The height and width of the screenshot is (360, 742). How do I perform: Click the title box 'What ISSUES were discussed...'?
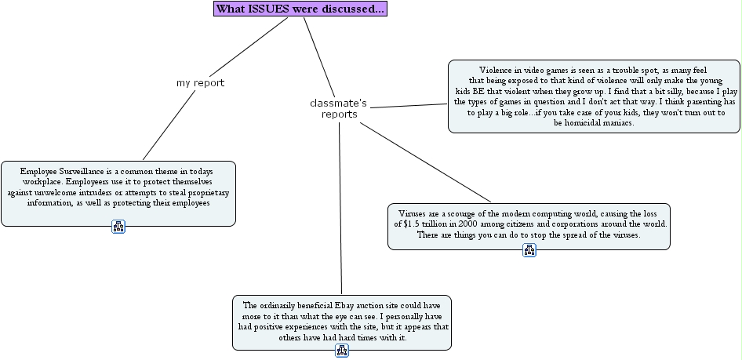click(x=300, y=9)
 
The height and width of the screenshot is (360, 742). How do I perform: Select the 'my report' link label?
click(x=200, y=83)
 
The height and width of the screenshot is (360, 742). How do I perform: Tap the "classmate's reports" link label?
click(x=339, y=108)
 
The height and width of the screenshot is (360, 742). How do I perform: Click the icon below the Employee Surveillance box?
click(x=118, y=227)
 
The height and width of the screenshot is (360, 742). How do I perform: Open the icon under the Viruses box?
click(x=529, y=250)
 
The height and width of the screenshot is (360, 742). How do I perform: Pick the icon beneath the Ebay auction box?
click(x=342, y=351)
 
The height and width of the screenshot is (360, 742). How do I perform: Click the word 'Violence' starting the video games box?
click(x=494, y=71)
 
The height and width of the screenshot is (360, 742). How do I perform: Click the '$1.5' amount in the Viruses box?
click(x=411, y=224)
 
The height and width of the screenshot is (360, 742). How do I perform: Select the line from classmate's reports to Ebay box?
click(x=340, y=208)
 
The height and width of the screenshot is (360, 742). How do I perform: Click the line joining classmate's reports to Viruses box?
click(x=425, y=162)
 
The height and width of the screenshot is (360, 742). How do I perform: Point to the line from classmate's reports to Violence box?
click(x=409, y=106)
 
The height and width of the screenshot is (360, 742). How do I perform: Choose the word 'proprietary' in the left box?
click(x=209, y=193)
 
